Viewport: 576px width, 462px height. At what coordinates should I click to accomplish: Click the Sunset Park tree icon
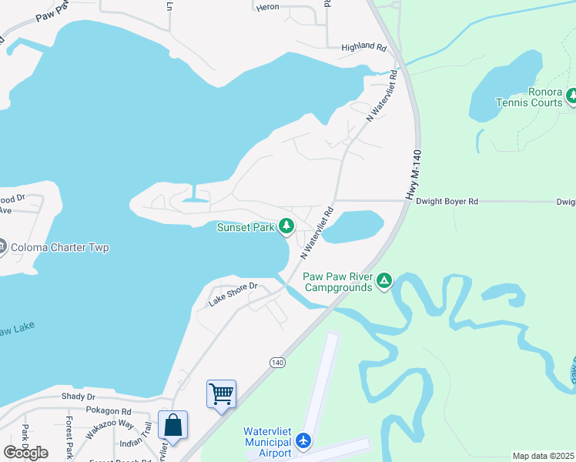[286, 226]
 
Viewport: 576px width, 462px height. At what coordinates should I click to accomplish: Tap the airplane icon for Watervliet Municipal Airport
[303, 441]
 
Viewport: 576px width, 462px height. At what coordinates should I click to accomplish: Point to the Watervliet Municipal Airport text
[267, 442]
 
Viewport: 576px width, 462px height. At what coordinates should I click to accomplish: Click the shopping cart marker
[221, 394]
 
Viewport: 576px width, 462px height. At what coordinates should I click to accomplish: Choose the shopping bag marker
[172, 426]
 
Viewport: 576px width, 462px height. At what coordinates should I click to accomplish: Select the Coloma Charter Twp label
[59, 248]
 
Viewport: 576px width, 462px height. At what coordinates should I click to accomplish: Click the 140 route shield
[278, 362]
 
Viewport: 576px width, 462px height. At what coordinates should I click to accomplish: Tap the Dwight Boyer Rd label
[447, 201]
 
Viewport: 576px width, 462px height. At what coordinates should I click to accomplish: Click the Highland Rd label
[363, 47]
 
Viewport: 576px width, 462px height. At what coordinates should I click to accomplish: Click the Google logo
[26, 452]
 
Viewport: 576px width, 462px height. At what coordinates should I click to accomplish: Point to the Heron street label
[267, 6]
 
